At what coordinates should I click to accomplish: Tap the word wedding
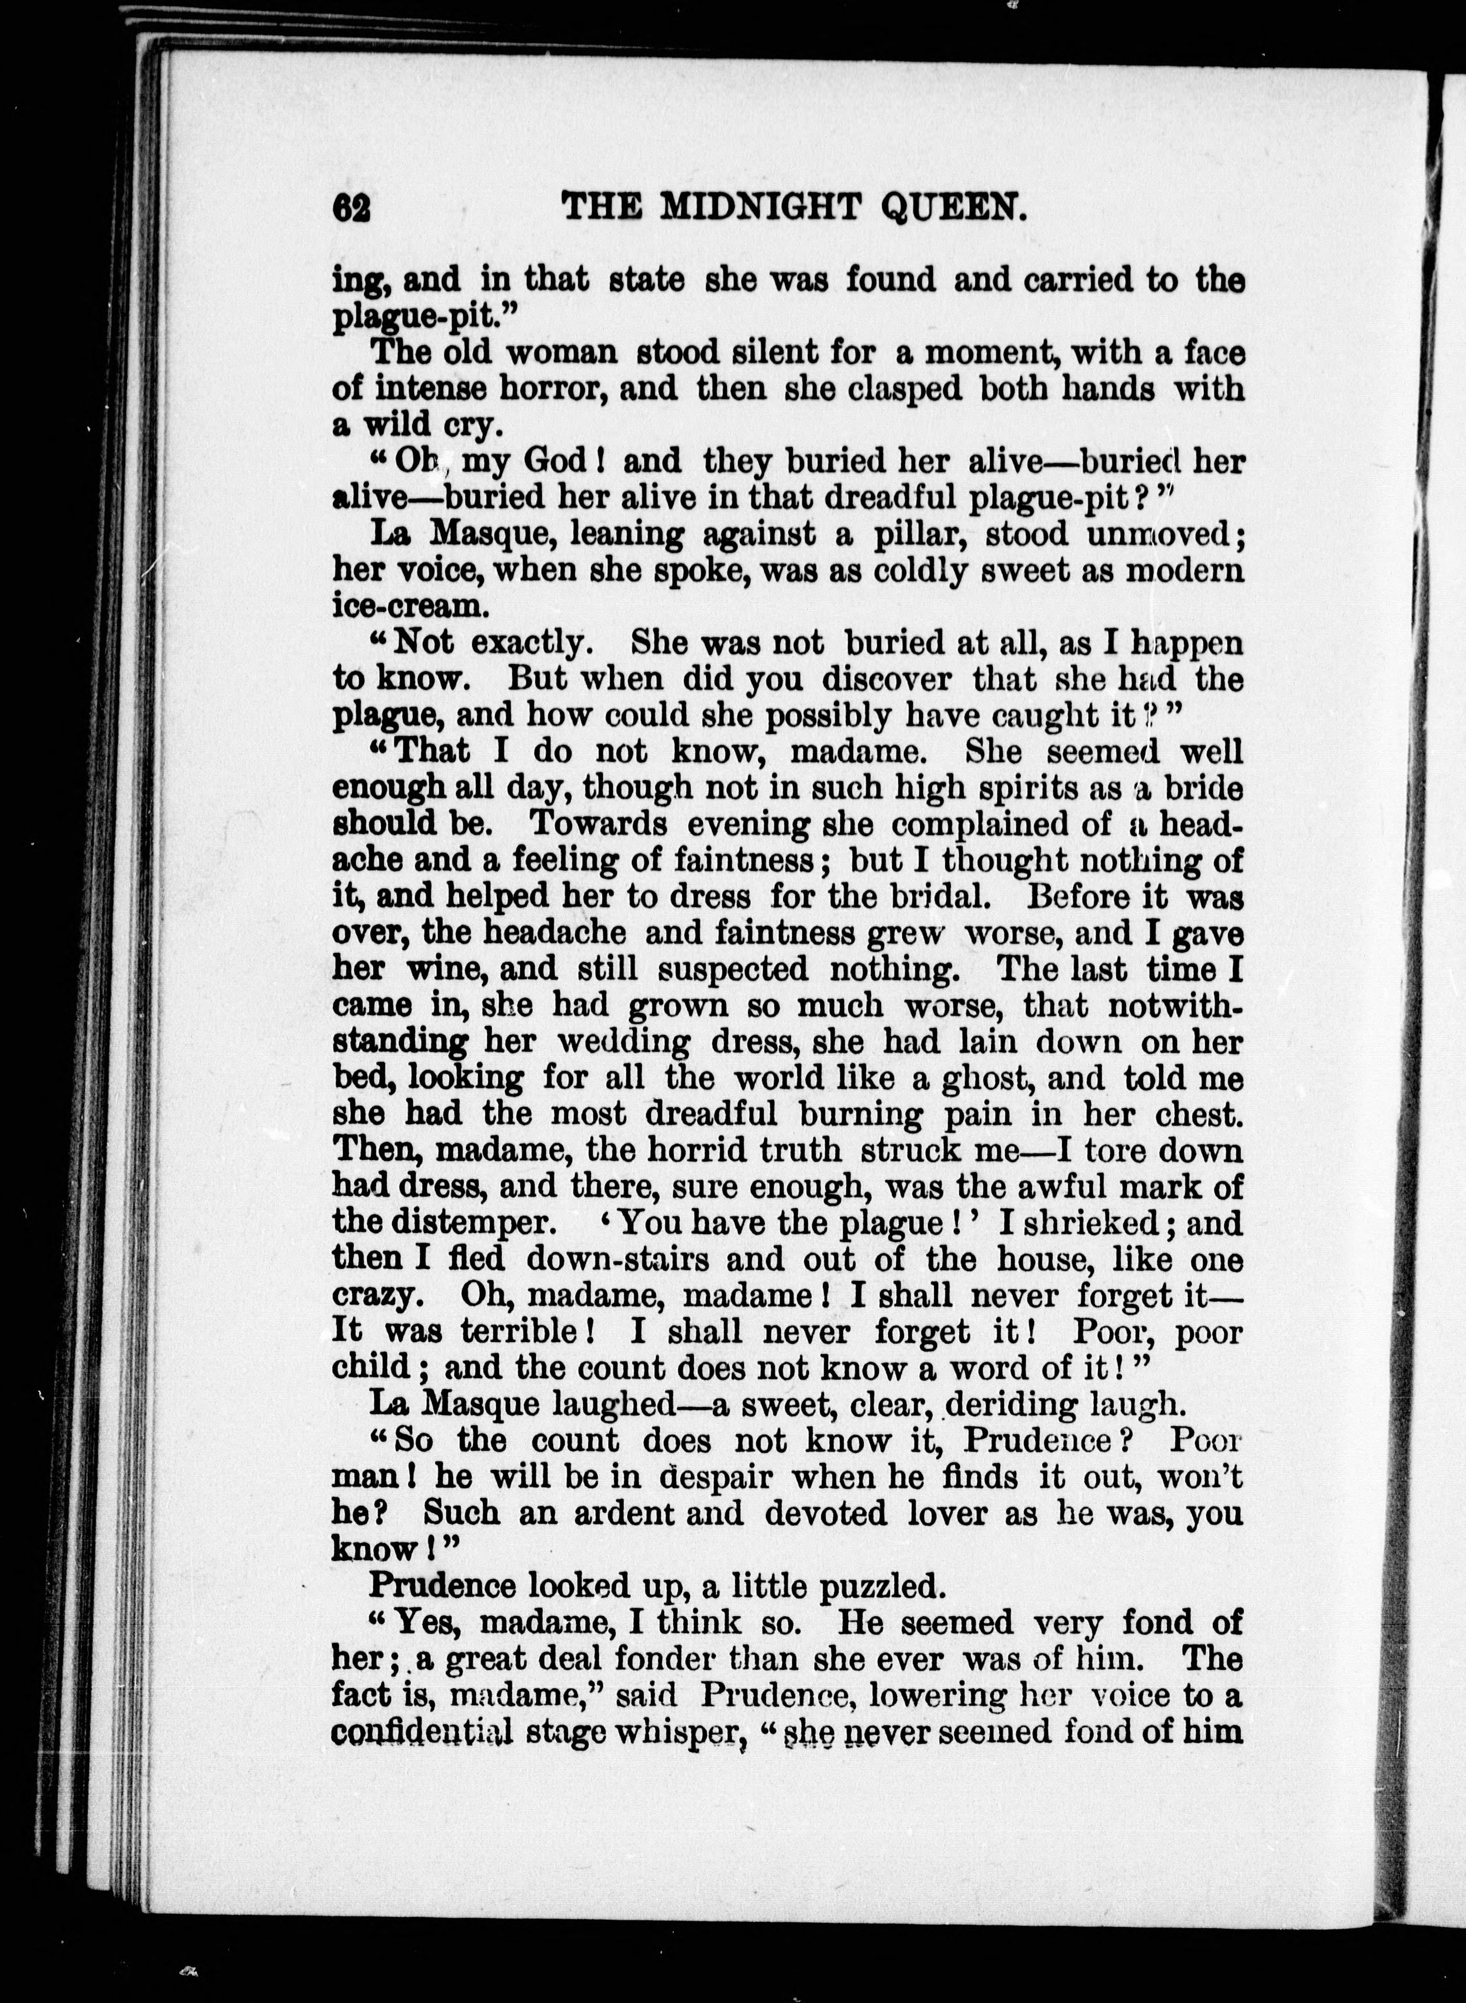pos(624,1041)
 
